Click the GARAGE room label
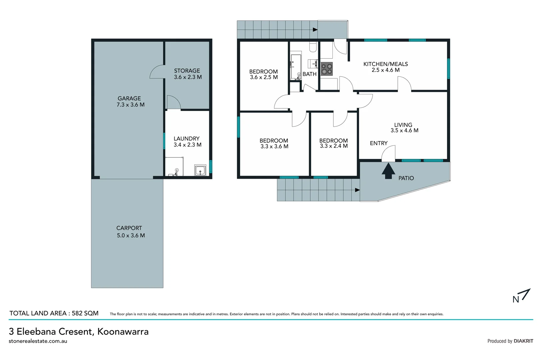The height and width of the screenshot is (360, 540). pyautogui.click(x=129, y=98)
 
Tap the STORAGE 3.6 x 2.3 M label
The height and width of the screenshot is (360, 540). pyautogui.click(x=188, y=74)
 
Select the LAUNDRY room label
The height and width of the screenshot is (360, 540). pyautogui.click(x=187, y=138)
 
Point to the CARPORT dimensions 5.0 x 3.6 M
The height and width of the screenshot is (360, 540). pyautogui.click(x=131, y=235)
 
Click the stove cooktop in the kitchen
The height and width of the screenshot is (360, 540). pyautogui.click(x=326, y=69)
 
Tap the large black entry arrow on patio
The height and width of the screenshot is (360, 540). pyautogui.click(x=388, y=171)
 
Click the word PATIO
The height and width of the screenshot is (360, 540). pyautogui.click(x=406, y=178)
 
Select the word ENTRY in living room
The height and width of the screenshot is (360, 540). pyautogui.click(x=378, y=143)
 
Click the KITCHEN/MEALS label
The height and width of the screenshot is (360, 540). pyautogui.click(x=385, y=64)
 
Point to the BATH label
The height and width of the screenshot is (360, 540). pyautogui.click(x=309, y=74)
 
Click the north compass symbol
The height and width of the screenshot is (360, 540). pyautogui.click(x=521, y=296)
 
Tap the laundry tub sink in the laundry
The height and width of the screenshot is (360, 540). pyautogui.click(x=200, y=170)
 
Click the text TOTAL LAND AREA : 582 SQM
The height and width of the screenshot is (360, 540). pyautogui.click(x=54, y=313)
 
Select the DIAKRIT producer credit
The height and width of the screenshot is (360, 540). pyautogui.click(x=523, y=341)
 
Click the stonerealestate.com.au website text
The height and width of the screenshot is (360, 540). pyautogui.click(x=38, y=341)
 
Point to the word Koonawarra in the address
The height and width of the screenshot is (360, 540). pyautogui.click(x=123, y=331)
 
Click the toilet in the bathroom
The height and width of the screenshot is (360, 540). pyautogui.click(x=312, y=47)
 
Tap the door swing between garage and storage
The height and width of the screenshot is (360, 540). pyautogui.click(x=157, y=72)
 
